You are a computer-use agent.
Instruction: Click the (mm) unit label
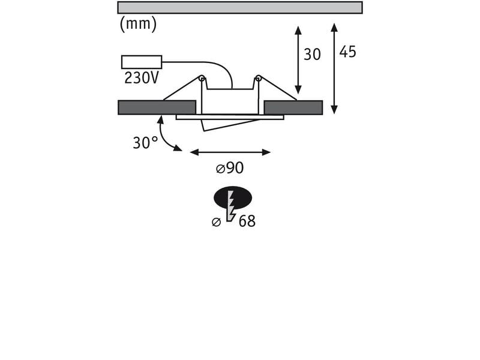(x=138, y=24)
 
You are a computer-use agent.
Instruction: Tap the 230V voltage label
(x=142, y=78)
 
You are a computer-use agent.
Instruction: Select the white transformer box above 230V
(x=142, y=62)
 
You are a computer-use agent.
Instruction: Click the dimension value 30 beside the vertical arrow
(x=312, y=55)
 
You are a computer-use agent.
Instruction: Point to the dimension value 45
(x=348, y=52)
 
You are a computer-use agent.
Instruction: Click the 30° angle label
(x=145, y=142)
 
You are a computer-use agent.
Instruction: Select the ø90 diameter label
(x=230, y=168)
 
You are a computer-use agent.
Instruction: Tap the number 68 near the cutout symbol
(x=247, y=221)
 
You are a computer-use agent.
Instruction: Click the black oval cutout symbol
(x=233, y=197)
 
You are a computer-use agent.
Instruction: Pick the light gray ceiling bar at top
(x=240, y=7)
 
